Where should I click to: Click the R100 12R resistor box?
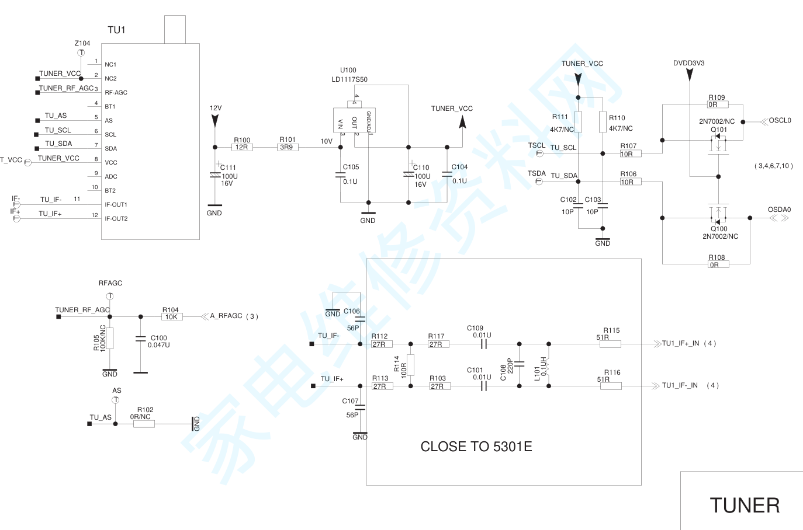pos(242,147)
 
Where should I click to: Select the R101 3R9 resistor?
pos(288,147)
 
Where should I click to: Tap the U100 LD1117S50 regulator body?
pos(354,120)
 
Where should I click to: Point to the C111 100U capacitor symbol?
pos(215,175)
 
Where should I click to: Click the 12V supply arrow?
pos(215,120)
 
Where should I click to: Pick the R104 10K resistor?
pos(172,317)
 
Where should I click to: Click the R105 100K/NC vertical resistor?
pos(110,338)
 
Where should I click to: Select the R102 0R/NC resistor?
pos(144,424)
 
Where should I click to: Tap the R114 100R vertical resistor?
pos(410,365)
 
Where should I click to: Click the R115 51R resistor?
pos(610,344)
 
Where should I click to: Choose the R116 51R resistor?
pos(611,386)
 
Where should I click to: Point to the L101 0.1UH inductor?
pos(548,365)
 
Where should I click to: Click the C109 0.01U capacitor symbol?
pos(483,344)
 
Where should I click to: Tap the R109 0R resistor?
pos(718,105)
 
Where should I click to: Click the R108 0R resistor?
pos(718,264)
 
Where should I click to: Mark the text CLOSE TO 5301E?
pos(476,447)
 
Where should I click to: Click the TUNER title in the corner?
pos(745,505)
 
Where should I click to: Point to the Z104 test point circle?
pos(81,53)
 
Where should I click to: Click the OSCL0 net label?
pos(780,121)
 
